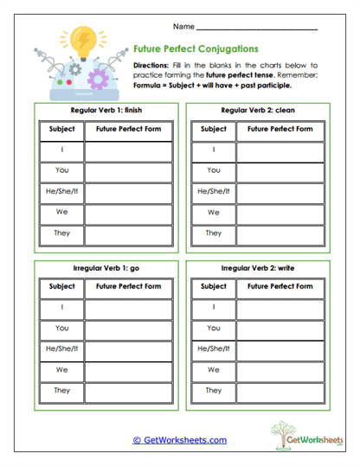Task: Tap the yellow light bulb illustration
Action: pos(84,41)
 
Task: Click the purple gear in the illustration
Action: pos(98,80)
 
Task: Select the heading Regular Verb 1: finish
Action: pos(100,112)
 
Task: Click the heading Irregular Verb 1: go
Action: pos(100,268)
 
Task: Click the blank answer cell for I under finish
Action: pos(128,150)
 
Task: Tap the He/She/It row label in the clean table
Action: pos(214,191)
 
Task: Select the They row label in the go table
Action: pos(62,390)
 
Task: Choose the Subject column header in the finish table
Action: pos(62,130)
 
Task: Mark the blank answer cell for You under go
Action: pos(128,328)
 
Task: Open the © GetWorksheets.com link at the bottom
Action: pos(180,440)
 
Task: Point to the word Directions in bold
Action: pos(151,65)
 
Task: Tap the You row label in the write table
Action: pos(214,328)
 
